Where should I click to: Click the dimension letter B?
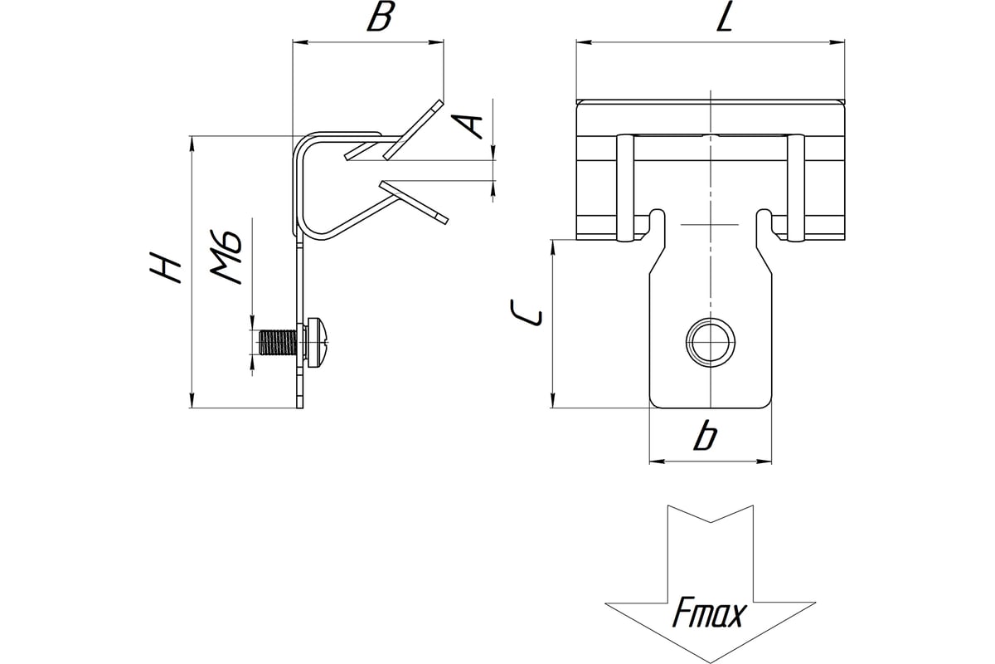[379, 17]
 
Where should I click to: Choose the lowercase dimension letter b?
[706, 436]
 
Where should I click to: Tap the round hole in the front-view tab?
[711, 340]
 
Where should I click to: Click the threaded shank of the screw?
[278, 342]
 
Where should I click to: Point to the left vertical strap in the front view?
[625, 188]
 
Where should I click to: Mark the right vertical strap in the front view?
[795, 188]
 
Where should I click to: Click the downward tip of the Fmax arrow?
[711, 661]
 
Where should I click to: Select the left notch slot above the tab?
[656, 224]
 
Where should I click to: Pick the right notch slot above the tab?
[765, 224]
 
